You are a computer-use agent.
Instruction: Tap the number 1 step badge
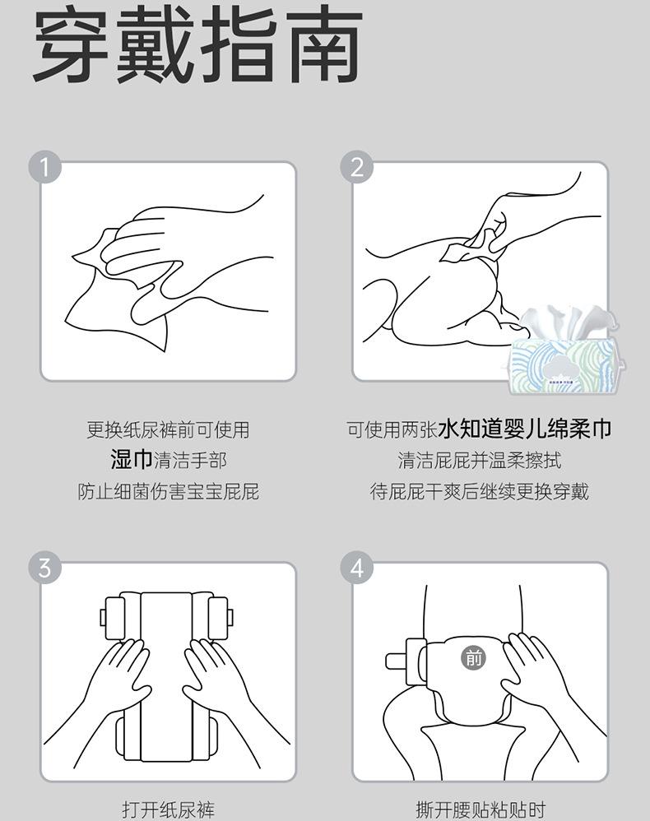pos(45,168)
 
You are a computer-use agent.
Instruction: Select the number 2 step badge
pos(357,168)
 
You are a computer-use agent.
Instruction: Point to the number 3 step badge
pos(45,568)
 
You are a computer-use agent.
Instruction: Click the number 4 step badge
pos(357,568)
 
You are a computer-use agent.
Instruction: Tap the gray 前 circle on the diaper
pos(473,657)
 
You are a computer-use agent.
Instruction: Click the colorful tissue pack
pos(567,365)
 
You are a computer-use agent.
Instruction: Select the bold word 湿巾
pos(132,460)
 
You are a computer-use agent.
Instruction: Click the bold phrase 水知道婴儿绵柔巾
pos(525,429)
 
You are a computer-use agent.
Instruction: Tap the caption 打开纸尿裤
pos(169,809)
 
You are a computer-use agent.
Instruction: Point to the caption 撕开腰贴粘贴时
pos(481,809)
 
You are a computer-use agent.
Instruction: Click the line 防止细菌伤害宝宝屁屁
pos(169,492)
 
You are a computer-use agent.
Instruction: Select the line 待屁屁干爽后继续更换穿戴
pos(479,492)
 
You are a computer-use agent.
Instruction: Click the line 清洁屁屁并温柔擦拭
pos(479,460)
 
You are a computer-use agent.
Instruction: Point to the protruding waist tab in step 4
pos(404,661)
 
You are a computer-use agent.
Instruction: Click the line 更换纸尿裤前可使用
pos(168,430)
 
